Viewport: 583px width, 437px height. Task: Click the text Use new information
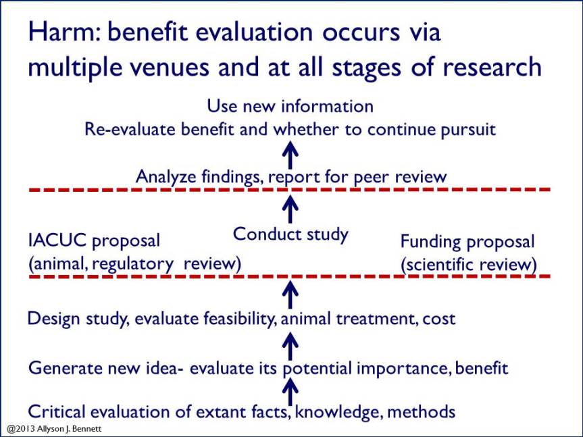coord(290,106)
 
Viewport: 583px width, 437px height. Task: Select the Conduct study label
coord(290,234)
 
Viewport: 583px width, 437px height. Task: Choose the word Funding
coord(430,242)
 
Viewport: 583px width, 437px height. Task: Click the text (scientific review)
coord(469,265)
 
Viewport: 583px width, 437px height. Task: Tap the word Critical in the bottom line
coord(53,411)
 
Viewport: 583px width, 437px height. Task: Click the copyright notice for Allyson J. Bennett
coord(53,429)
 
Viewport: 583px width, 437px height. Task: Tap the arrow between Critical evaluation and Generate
coord(290,390)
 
